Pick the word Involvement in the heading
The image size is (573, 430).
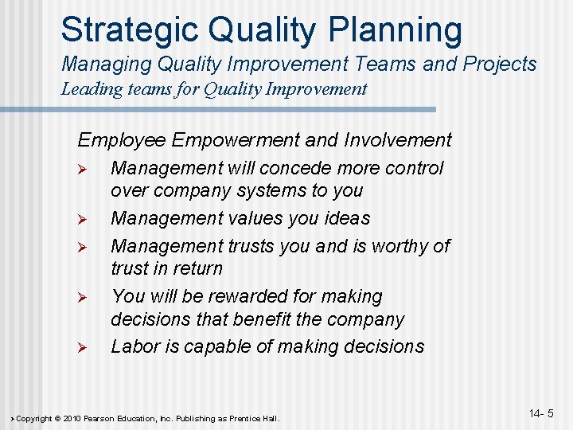point(398,141)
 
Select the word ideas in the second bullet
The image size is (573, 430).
point(349,218)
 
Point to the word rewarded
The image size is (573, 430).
point(251,296)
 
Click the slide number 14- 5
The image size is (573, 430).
point(540,413)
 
